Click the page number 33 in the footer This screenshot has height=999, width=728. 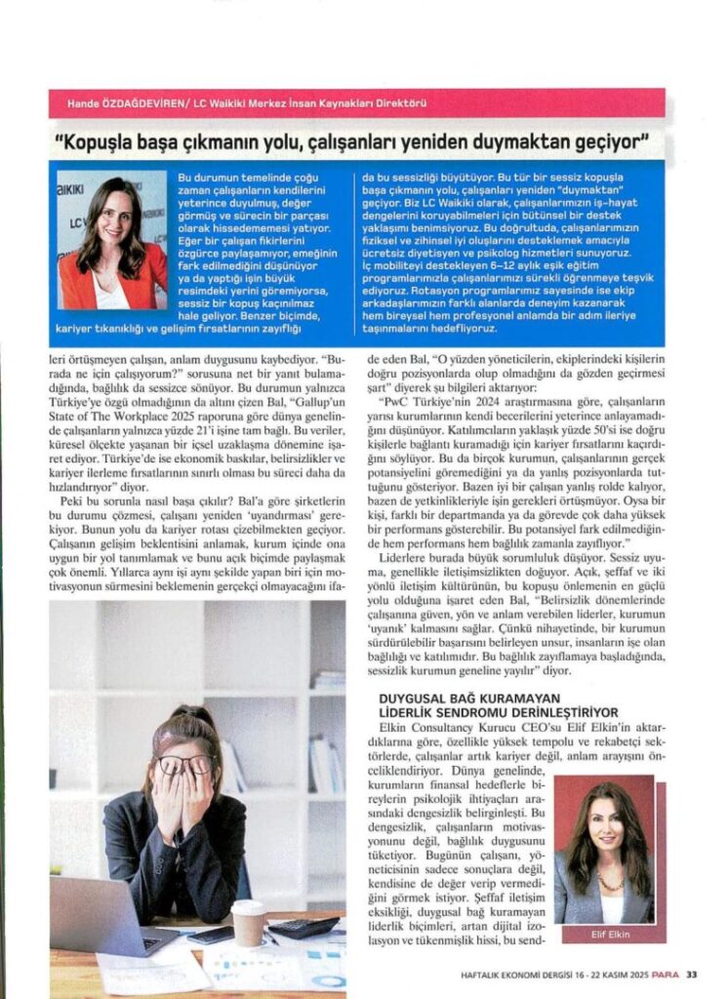pos(691,972)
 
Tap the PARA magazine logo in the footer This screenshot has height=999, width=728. pos(664,972)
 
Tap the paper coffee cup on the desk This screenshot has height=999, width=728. pos(248,920)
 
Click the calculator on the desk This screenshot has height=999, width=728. pos(303,927)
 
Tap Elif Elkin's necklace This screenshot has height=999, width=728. pos(609,881)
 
